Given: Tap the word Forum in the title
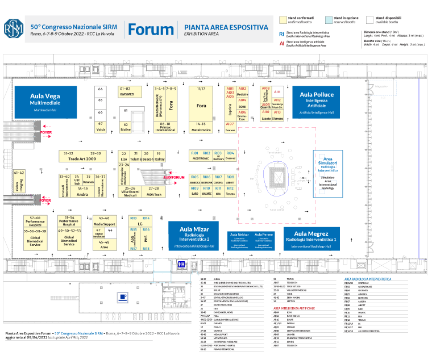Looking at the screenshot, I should (151, 30).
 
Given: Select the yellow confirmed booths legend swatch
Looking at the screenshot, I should (284, 19).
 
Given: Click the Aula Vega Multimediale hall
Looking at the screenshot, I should (45, 102).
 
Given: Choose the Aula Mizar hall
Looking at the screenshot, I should (195, 235).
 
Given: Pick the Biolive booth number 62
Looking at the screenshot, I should (125, 127).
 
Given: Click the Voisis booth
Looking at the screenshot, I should (101, 127).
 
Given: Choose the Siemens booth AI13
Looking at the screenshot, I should (277, 116).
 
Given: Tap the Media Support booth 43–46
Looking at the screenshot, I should (104, 221).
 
